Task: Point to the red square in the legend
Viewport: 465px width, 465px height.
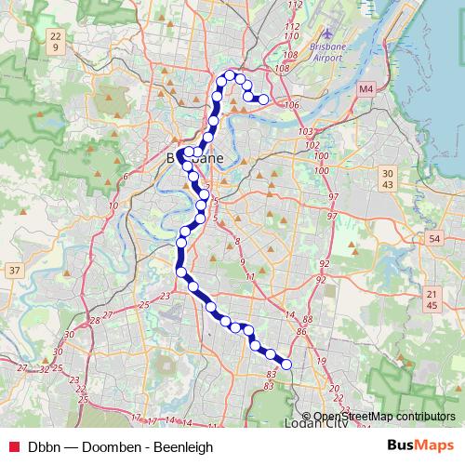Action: click(15, 446)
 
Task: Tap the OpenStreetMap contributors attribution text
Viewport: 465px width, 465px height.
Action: click(383, 417)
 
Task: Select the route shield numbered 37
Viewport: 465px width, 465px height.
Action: click(14, 271)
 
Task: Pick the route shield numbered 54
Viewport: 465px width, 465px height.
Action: click(434, 239)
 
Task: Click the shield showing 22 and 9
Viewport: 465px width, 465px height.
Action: click(57, 41)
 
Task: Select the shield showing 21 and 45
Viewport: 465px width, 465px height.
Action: click(431, 299)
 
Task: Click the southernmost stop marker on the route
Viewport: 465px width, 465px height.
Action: click(286, 365)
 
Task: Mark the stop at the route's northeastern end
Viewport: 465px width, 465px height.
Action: click(263, 99)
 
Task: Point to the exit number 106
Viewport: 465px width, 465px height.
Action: click(292, 105)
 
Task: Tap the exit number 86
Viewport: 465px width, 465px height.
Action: click(301, 330)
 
